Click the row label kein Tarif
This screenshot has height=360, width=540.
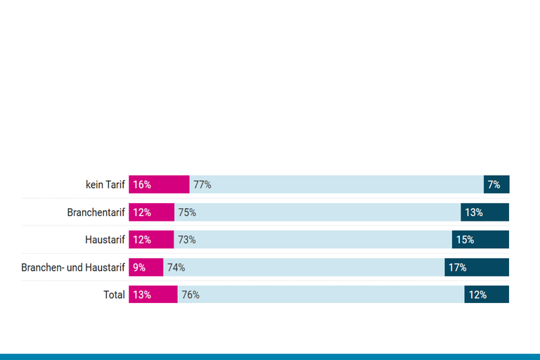(x=105, y=185)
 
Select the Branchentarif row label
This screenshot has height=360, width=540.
(x=96, y=212)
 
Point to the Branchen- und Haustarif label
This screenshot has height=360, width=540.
(x=73, y=267)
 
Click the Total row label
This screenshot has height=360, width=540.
(x=114, y=295)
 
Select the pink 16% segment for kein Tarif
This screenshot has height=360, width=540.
(x=159, y=185)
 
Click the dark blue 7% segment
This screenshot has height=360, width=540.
(x=496, y=185)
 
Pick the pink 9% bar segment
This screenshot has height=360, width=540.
(x=146, y=267)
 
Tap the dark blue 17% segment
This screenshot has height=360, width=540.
(x=477, y=267)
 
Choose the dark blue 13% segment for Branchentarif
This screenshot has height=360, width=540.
(x=484, y=212)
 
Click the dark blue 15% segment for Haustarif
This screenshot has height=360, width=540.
(x=480, y=240)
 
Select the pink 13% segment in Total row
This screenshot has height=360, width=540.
(x=153, y=295)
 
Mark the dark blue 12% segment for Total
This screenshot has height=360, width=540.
(x=487, y=295)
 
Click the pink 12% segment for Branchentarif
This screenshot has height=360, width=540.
(x=151, y=212)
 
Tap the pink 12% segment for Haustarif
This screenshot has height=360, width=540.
(x=151, y=240)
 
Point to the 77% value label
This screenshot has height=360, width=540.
(x=202, y=185)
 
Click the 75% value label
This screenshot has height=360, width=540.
(x=187, y=212)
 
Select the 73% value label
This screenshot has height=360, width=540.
(x=187, y=240)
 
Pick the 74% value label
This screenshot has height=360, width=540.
(x=176, y=267)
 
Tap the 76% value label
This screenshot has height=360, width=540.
(x=191, y=295)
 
